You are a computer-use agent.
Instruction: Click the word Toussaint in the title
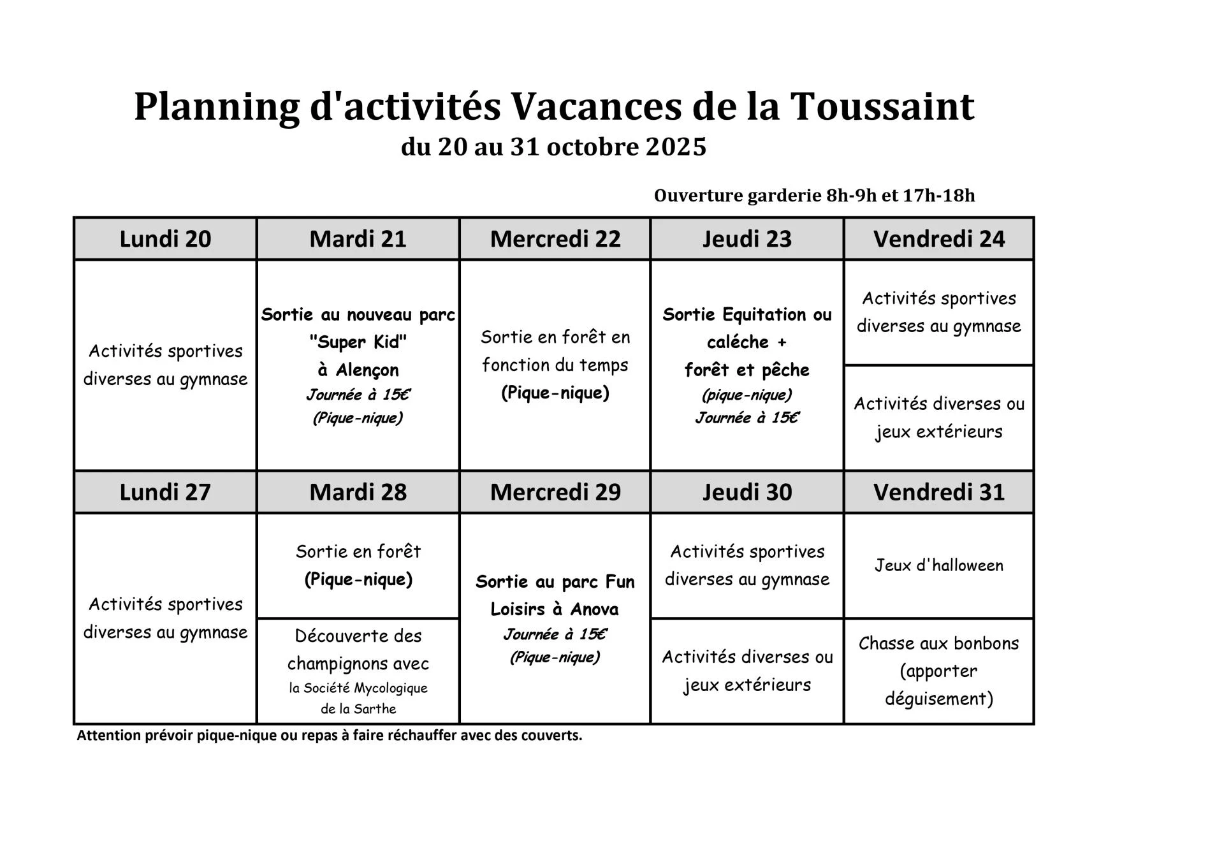click(882, 106)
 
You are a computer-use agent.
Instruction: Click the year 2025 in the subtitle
click(676, 147)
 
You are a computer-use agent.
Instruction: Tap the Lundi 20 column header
click(165, 239)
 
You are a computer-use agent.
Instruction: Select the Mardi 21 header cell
click(358, 239)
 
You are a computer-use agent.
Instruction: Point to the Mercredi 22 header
click(555, 239)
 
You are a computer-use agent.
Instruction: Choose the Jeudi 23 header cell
click(747, 239)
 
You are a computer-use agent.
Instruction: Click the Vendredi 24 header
click(938, 239)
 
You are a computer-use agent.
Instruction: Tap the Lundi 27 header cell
click(165, 492)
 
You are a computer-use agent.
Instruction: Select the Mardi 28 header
click(358, 492)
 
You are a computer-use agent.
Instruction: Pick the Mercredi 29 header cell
click(555, 492)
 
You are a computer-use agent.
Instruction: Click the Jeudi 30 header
click(747, 492)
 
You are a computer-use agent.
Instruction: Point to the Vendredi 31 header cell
click(938, 492)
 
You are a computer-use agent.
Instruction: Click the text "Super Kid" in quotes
click(358, 342)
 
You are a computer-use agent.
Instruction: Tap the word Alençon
click(367, 370)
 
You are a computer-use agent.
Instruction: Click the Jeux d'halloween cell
click(938, 565)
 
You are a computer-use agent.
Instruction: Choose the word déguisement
click(938, 699)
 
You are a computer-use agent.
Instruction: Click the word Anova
click(594, 609)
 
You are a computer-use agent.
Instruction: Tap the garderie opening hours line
click(814, 196)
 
